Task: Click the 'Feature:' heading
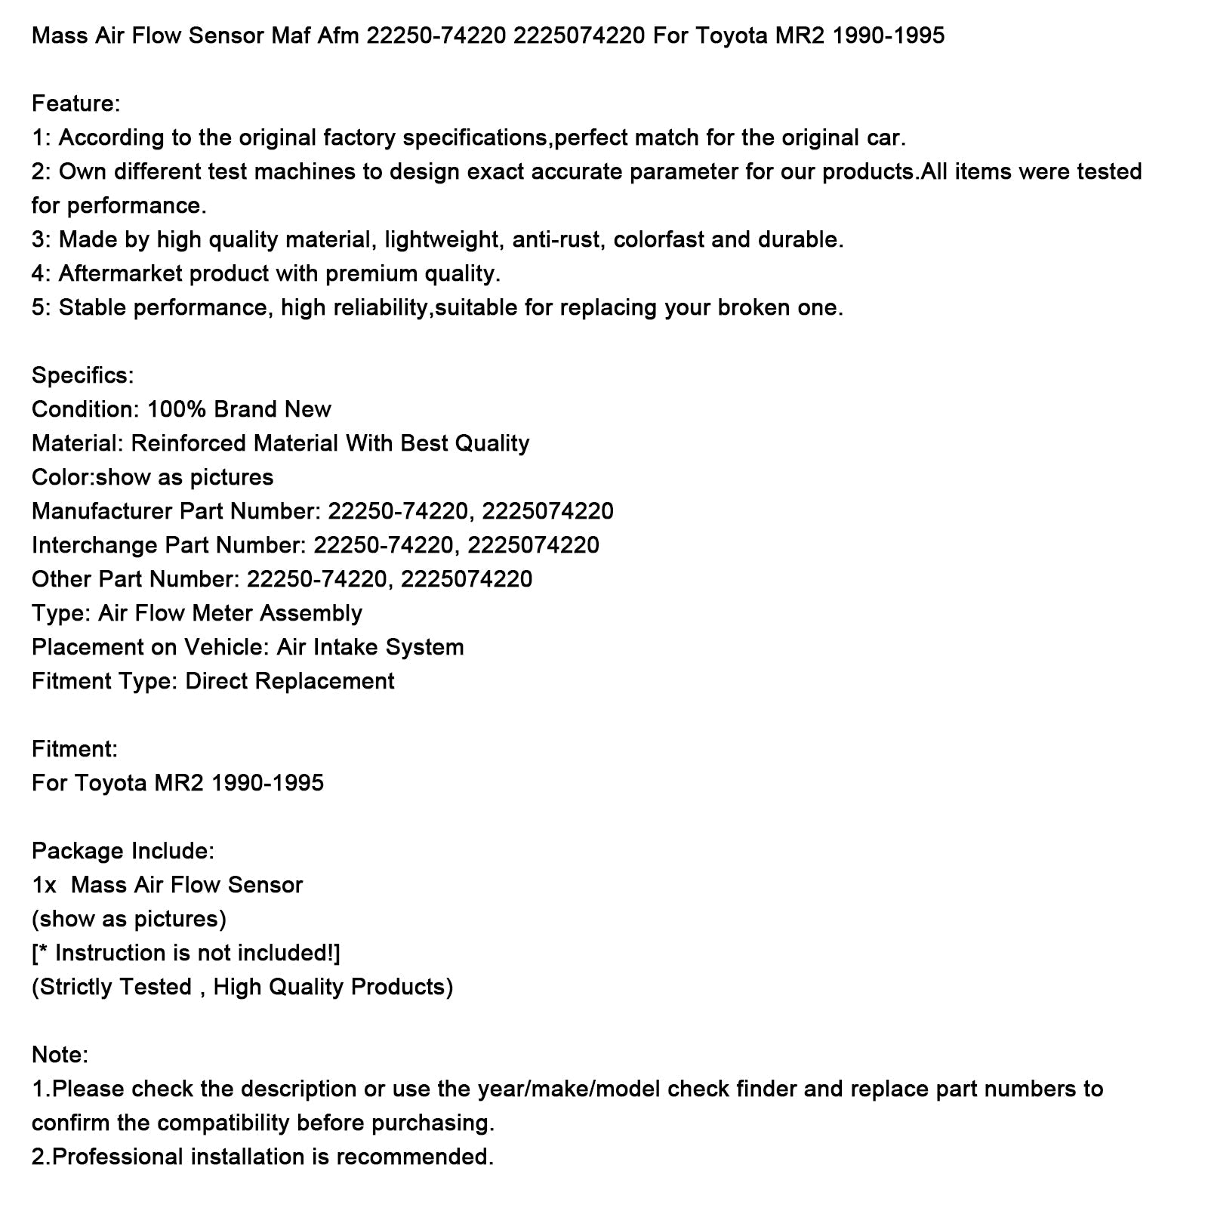75,103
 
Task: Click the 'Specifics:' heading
82,375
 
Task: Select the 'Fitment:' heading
74,749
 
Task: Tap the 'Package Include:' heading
122,851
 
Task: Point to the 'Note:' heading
60,1055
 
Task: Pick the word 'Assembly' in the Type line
311,613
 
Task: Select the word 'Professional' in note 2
119,1157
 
